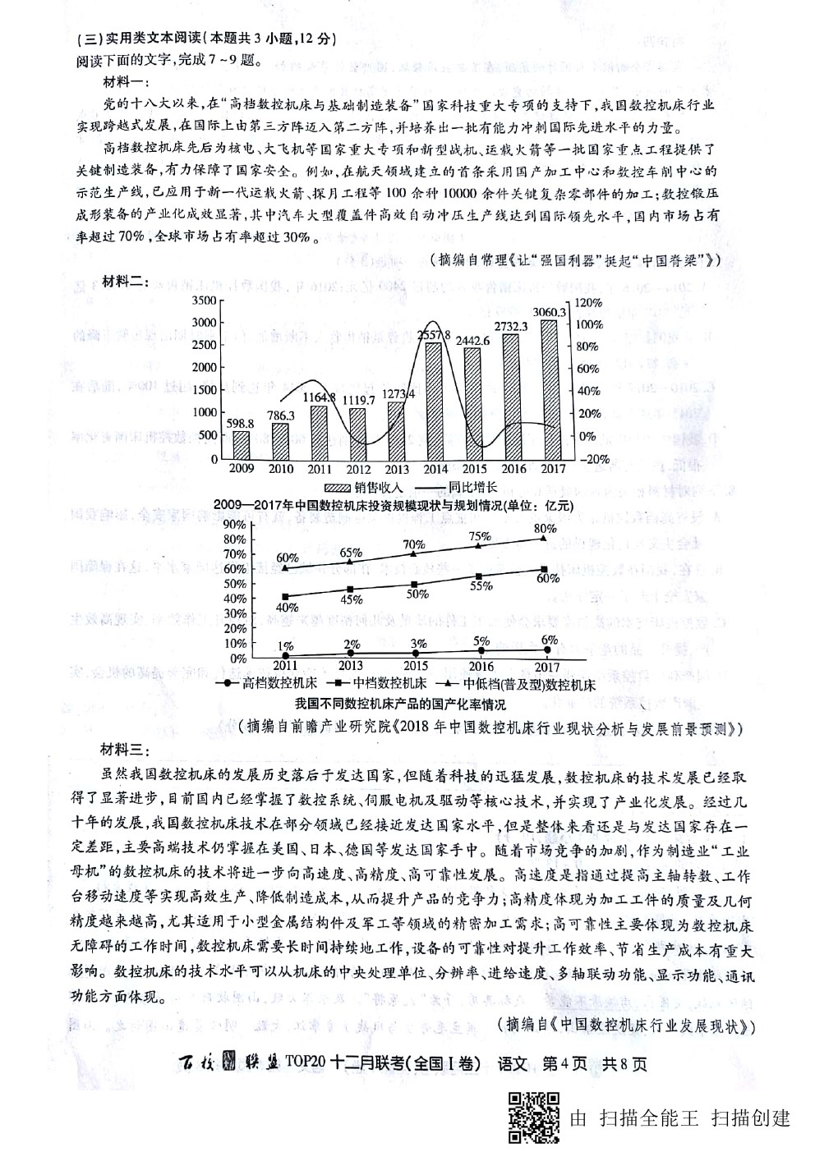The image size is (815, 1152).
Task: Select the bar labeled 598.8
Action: click(x=242, y=444)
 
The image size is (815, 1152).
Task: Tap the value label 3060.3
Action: click(x=550, y=312)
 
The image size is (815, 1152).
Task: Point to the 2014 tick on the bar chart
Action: click(x=436, y=469)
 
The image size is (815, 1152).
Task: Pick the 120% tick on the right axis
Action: click(x=588, y=302)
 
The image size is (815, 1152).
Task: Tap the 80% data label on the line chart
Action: click(x=545, y=528)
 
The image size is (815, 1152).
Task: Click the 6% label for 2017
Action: click(x=550, y=640)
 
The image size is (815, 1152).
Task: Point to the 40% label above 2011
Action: click(x=287, y=607)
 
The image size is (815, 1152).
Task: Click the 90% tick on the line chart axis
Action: click(x=234, y=524)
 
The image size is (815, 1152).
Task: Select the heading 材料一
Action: click(x=123, y=82)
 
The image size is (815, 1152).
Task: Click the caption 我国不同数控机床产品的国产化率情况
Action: click(x=400, y=705)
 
